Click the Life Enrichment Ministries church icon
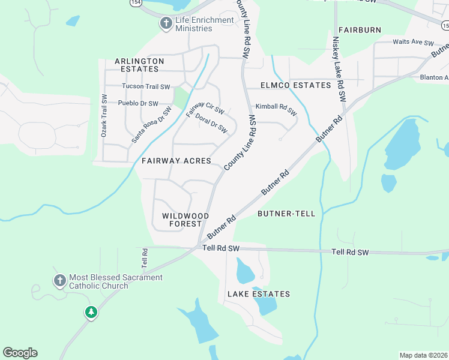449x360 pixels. pos(166,24)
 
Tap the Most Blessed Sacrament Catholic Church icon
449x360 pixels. pos(59,281)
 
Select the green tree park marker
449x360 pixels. pos(91,312)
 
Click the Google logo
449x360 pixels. pos(20,353)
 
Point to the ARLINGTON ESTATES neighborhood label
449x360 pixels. pos(139,65)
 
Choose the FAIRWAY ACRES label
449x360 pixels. pos(176,161)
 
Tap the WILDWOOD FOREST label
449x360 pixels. pos(185,220)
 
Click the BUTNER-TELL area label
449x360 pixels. pos(286,214)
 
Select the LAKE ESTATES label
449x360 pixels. pos(258,294)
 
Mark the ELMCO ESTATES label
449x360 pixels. pos(295,85)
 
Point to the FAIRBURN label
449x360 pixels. pos(360,29)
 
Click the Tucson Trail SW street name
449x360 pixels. pos(146,86)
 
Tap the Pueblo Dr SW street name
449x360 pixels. pos(138,103)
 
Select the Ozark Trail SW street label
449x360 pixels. pos(104,116)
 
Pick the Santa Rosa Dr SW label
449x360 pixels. pos(151,125)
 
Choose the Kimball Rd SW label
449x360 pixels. pos(276,109)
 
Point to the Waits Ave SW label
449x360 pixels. pos(413,43)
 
